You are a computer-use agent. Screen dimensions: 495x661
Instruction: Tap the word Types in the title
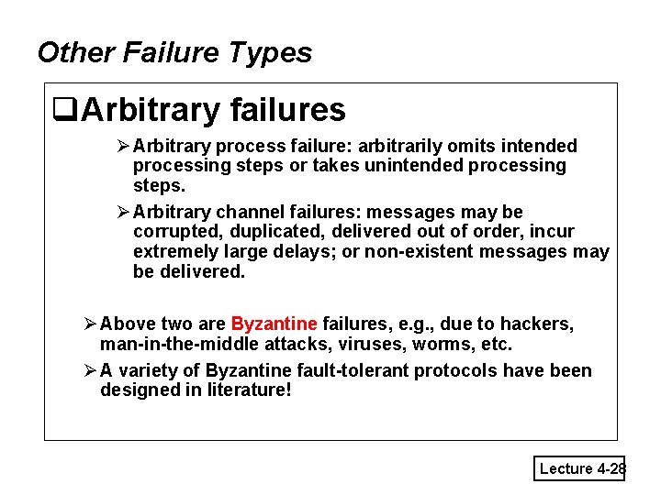click(x=272, y=52)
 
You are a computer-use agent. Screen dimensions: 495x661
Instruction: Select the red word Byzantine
click(x=274, y=324)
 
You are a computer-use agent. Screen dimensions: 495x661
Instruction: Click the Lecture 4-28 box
click(x=579, y=468)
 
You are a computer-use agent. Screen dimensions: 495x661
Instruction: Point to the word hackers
click(x=541, y=324)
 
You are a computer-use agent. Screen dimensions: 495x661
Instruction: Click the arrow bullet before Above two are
click(x=89, y=324)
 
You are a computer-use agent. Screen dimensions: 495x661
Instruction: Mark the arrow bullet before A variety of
click(x=89, y=370)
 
